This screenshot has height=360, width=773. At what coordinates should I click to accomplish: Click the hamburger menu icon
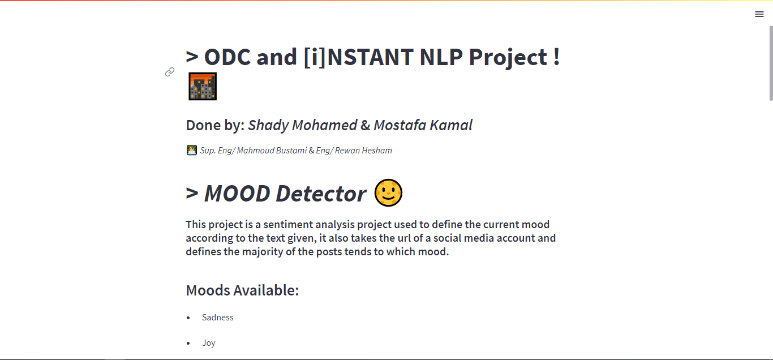[x=759, y=14]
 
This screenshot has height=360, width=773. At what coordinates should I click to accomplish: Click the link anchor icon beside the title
[x=170, y=72]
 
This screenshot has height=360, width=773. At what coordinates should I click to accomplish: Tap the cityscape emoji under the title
[x=203, y=87]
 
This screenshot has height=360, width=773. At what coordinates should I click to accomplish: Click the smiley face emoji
[x=388, y=193]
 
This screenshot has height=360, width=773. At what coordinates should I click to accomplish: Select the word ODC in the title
[x=227, y=57]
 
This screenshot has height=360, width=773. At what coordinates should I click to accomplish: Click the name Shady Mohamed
[x=302, y=125]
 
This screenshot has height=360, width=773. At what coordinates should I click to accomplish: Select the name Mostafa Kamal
[x=423, y=125]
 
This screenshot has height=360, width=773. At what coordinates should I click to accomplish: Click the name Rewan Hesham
[x=363, y=151]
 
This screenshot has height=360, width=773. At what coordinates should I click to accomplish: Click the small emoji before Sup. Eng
[x=191, y=150]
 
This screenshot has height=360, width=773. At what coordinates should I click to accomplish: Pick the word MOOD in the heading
[x=237, y=194]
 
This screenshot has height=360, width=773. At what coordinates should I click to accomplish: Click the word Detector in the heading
[x=321, y=194]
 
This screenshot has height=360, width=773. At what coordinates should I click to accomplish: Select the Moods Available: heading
[x=242, y=290]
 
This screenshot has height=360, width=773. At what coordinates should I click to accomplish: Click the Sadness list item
[x=218, y=318]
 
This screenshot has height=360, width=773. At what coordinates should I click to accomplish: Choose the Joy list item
[x=209, y=343]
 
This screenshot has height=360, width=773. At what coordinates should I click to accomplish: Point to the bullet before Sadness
[x=188, y=318]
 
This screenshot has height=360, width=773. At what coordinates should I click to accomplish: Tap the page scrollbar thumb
[x=770, y=62]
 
